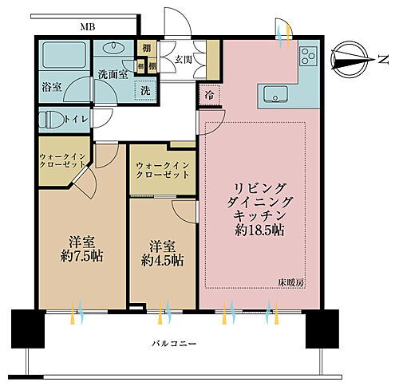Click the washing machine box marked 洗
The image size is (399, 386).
click(x=145, y=89)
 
